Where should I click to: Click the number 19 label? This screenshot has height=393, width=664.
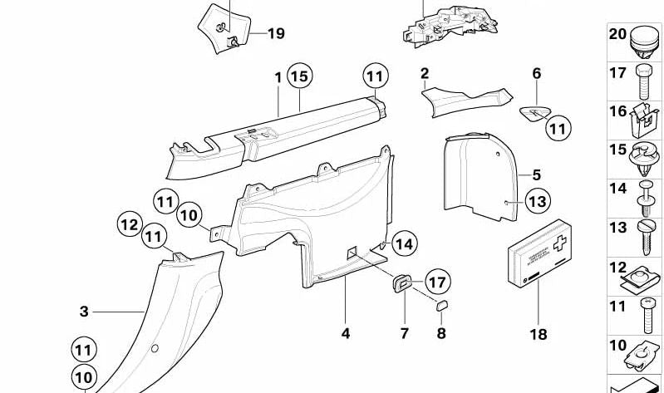point(275,33)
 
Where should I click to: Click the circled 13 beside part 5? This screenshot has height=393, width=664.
point(538,201)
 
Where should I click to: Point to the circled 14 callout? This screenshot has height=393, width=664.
point(403,244)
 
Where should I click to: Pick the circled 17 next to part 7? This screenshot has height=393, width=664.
point(437,281)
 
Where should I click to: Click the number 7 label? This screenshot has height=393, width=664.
point(405,334)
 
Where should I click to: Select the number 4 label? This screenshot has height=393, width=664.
point(345,334)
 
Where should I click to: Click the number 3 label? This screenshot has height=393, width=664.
point(84,312)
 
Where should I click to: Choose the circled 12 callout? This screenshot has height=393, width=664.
point(130,224)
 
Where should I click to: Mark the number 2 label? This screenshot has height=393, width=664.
point(424,74)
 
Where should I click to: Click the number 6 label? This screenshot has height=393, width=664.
point(536,74)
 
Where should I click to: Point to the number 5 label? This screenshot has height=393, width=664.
point(536,175)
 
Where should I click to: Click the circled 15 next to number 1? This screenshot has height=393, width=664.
point(299,76)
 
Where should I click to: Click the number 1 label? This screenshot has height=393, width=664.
point(278,76)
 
